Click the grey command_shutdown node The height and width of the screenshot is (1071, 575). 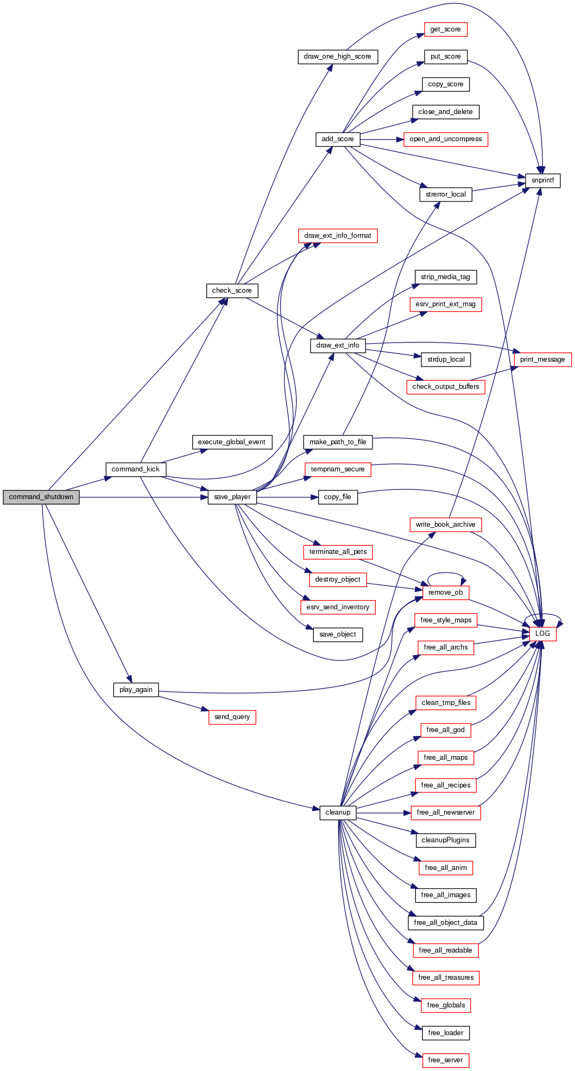pyautogui.click(x=41, y=497)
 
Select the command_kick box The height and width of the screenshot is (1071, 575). pyautogui.click(x=135, y=469)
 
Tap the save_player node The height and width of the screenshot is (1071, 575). pyautogui.click(x=232, y=497)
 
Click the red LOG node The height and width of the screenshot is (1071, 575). pyautogui.click(x=542, y=634)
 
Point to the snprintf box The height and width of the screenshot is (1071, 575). pyautogui.click(x=542, y=180)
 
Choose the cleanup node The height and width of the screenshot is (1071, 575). pyautogui.click(x=338, y=812)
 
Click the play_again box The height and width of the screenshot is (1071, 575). pyautogui.click(x=136, y=690)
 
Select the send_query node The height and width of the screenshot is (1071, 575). pyautogui.click(x=232, y=717)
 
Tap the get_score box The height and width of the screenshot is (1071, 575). pyautogui.click(x=445, y=29)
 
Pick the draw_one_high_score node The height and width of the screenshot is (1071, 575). pyautogui.click(x=337, y=56)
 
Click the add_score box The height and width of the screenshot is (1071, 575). pyautogui.click(x=337, y=139)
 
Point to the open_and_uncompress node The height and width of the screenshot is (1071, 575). pyautogui.click(x=445, y=139)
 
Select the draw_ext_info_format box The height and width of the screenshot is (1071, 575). pyautogui.click(x=337, y=236)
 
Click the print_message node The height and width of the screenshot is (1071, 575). pyautogui.click(x=542, y=360)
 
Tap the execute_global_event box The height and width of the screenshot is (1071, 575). pyautogui.click(x=231, y=442)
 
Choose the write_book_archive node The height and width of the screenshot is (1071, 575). pyautogui.click(x=445, y=525)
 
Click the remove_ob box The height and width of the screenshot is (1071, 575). pyautogui.click(x=445, y=593)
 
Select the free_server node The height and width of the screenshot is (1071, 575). pyautogui.click(x=445, y=1060)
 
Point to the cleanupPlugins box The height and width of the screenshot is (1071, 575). pyautogui.click(x=445, y=840)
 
